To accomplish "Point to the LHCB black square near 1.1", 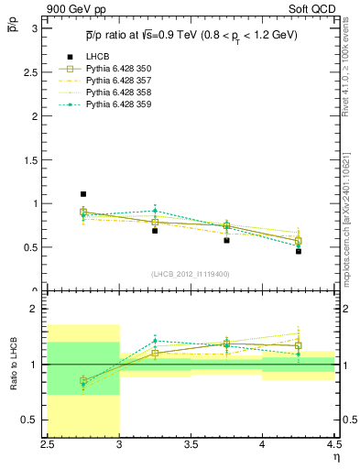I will click(x=82, y=194).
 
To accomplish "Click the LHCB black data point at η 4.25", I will click(x=298, y=251).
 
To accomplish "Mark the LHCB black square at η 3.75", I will click(x=226, y=240).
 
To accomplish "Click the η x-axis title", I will click(x=335, y=458).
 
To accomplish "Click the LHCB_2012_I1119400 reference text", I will click(x=191, y=273).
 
